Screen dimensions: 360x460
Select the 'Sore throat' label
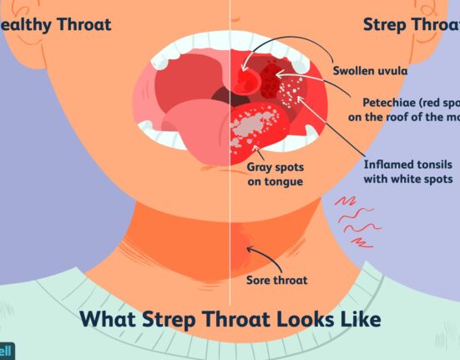277,281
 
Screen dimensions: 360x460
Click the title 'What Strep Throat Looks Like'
230,319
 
